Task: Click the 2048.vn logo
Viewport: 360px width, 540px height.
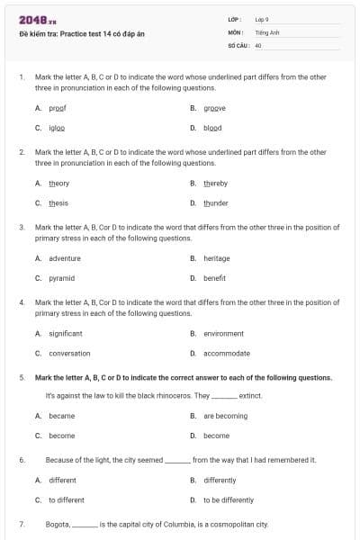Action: point(32,19)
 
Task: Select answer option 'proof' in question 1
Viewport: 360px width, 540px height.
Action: point(58,108)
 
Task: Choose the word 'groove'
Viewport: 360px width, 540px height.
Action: point(213,108)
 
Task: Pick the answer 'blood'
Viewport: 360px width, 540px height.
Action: point(212,128)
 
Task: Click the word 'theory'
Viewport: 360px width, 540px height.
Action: point(59,183)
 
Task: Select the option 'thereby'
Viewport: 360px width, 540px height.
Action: point(216,183)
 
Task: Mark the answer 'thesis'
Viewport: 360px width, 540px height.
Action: point(58,203)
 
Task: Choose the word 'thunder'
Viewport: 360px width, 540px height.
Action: point(216,203)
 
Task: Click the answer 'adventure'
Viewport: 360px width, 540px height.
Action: point(65,258)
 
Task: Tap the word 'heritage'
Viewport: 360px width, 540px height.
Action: point(217,258)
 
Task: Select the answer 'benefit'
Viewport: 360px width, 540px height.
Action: point(214,278)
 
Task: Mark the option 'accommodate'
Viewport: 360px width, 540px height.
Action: point(227,354)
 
